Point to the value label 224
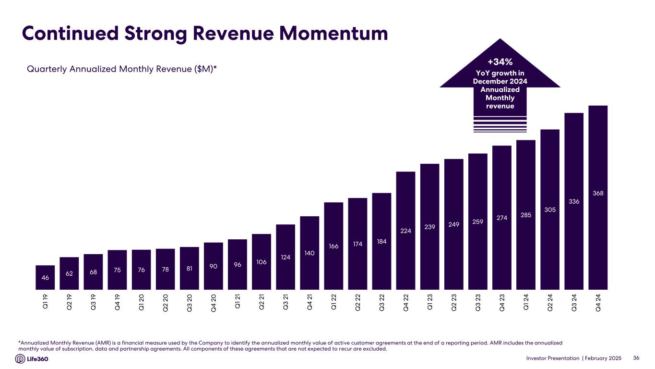pos(405,231)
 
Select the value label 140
pos(310,253)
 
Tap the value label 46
pos(45,278)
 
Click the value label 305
pos(550,209)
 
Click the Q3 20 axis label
pos(190,302)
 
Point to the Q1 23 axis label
pos(429,302)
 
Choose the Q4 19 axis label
pos(118,302)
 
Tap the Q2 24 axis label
pos(550,302)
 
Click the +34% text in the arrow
pos(500,62)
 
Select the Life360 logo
pos(32,359)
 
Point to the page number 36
pos(637,358)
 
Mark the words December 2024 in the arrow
pos(500,81)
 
